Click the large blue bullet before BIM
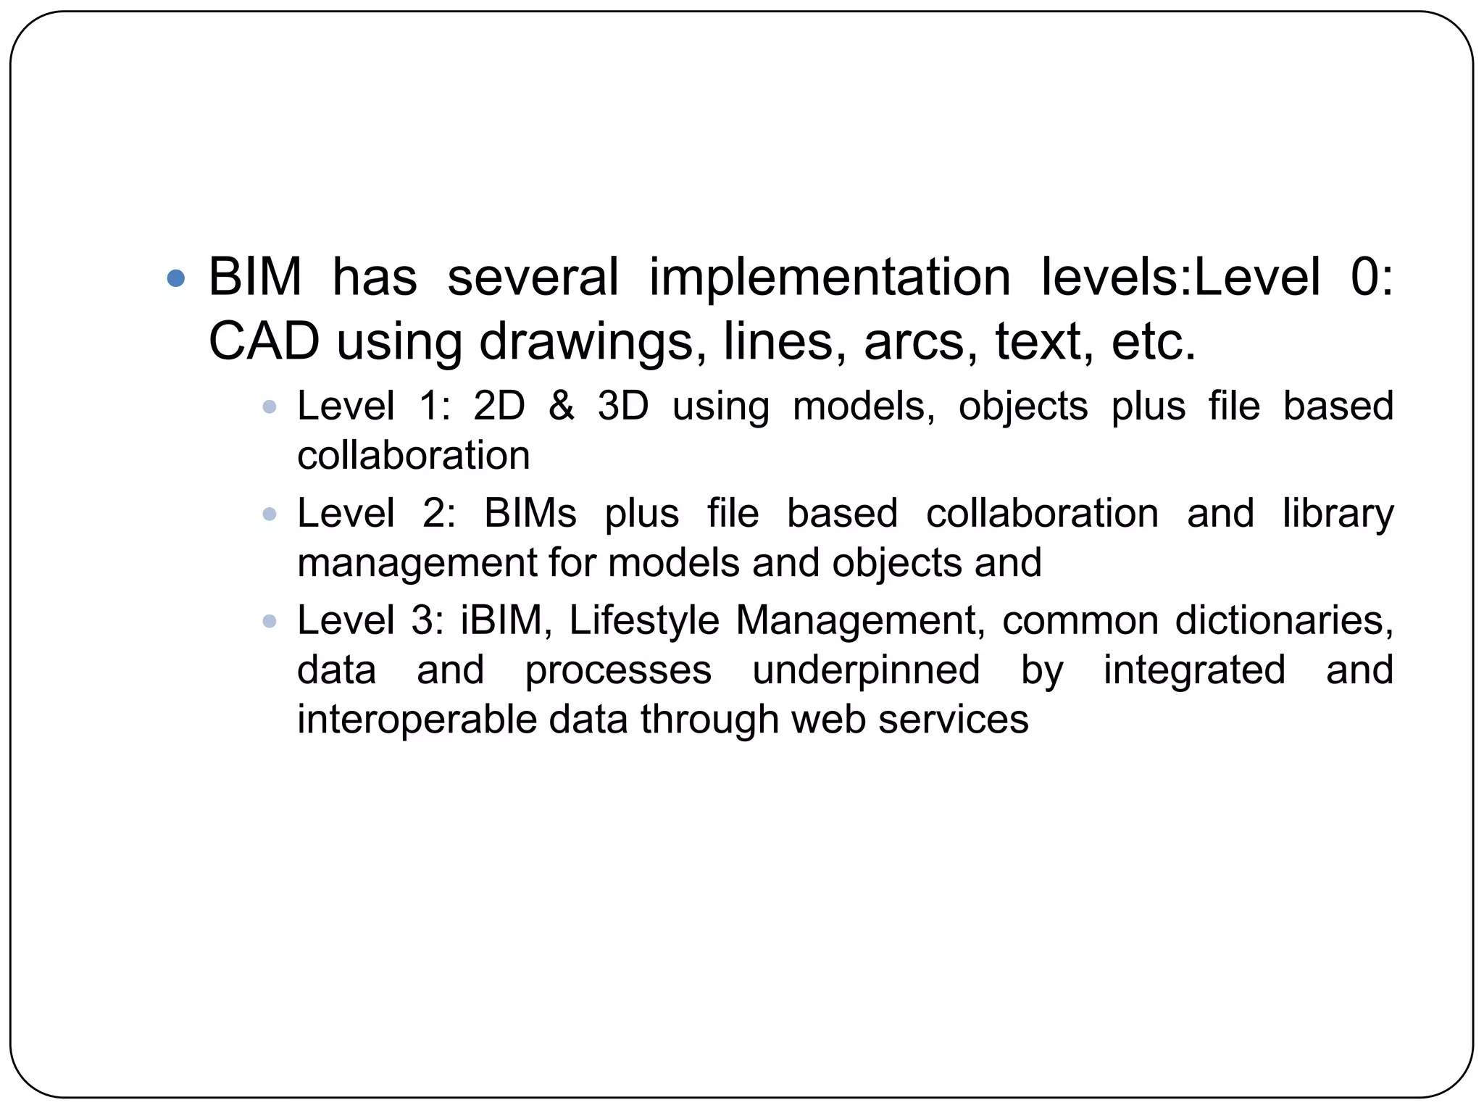pos(175,278)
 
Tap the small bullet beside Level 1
pos(270,407)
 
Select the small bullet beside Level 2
pos(270,515)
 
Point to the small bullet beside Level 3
pos(270,622)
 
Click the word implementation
pos(829,278)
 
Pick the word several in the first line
pos(533,278)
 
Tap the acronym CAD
pos(264,342)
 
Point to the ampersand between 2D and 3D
pos(562,406)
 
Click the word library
pos(1338,514)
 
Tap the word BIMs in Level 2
pos(530,514)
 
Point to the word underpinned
pos(866,670)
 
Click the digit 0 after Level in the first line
pos(1365,278)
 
